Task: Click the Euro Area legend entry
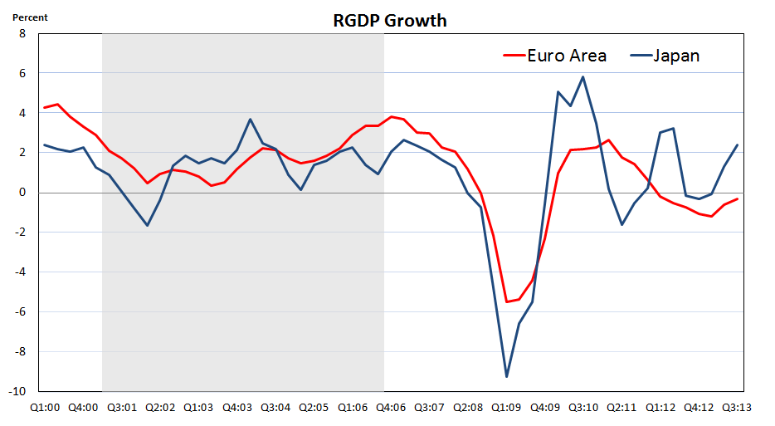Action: coord(566,56)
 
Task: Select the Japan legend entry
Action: coord(676,56)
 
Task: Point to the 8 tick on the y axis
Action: coord(22,34)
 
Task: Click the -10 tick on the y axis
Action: coord(19,391)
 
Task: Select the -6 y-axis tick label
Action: coord(21,312)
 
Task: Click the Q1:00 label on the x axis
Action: coord(45,408)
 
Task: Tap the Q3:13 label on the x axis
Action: coord(738,408)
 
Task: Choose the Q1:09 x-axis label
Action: coord(506,408)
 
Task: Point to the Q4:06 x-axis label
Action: coord(391,408)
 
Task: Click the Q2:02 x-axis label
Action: coord(160,408)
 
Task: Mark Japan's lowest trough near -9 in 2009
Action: coord(506,377)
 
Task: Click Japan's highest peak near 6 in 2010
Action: coord(583,77)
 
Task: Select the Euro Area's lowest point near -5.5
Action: coord(506,301)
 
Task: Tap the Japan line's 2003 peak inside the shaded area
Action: coord(250,120)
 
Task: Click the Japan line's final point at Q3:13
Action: coord(738,145)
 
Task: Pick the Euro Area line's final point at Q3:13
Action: coord(738,198)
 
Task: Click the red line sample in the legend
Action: coord(514,56)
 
